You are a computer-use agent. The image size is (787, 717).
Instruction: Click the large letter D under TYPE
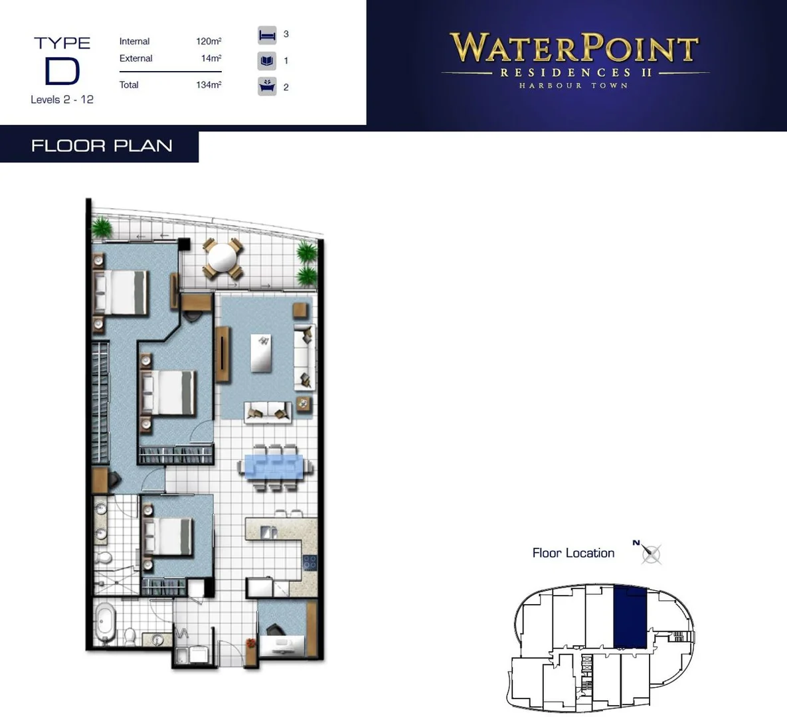(62, 72)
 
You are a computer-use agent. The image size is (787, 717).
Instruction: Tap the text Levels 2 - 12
(62, 100)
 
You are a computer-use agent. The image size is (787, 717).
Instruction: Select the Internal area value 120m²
(209, 41)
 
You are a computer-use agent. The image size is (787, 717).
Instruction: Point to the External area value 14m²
(211, 58)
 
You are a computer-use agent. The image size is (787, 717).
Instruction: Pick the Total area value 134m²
(209, 85)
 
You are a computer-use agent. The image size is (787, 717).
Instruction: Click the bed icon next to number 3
(267, 35)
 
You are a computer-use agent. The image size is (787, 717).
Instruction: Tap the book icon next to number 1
(267, 61)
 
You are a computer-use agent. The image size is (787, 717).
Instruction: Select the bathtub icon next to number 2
(267, 86)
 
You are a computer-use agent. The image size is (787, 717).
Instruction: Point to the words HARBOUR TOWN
(574, 86)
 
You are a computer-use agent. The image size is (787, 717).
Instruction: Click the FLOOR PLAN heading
(102, 146)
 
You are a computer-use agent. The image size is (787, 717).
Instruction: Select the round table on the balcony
(222, 256)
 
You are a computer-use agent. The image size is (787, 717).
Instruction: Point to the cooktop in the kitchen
(310, 562)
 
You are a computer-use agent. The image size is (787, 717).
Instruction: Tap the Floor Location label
(573, 553)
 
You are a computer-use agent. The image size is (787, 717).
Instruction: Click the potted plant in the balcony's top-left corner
(102, 228)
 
